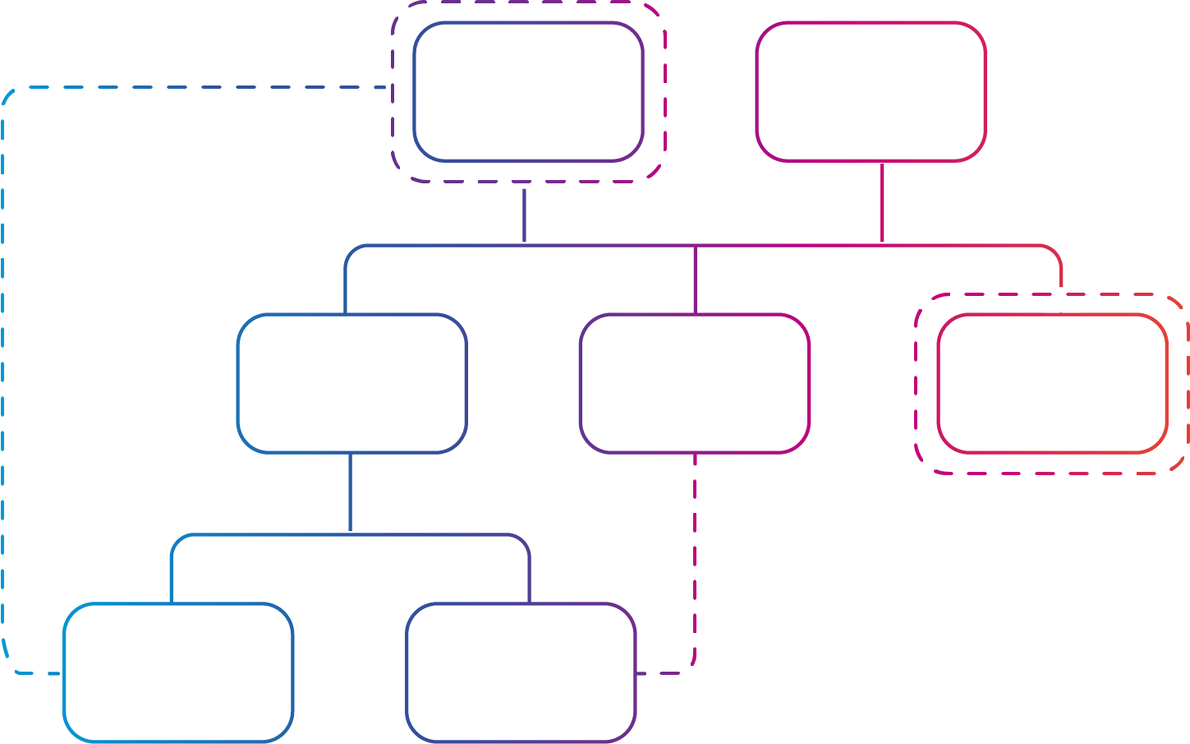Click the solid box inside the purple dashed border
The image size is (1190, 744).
click(x=528, y=91)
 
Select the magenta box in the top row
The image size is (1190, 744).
click(x=871, y=91)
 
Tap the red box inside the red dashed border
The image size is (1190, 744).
click(x=1052, y=383)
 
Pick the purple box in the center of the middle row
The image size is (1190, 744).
click(x=695, y=383)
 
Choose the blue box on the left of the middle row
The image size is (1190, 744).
click(x=352, y=383)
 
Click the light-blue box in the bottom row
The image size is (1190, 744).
click(x=179, y=672)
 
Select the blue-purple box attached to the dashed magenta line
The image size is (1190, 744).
click(x=521, y=672)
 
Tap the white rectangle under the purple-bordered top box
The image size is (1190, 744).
click(x=526, y=176)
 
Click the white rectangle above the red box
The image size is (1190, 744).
click(x=1063, y=300)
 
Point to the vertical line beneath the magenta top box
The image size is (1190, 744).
click(x=882, y=203)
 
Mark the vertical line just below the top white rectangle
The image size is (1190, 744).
click(x=524, y=216)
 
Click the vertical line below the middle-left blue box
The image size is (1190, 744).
click(x=351, y=493)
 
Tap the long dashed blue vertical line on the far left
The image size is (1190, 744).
click(x=3, y=378)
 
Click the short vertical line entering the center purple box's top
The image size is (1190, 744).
click(x=695, y=280)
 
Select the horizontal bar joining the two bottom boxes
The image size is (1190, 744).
click(x=351, y=535)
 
